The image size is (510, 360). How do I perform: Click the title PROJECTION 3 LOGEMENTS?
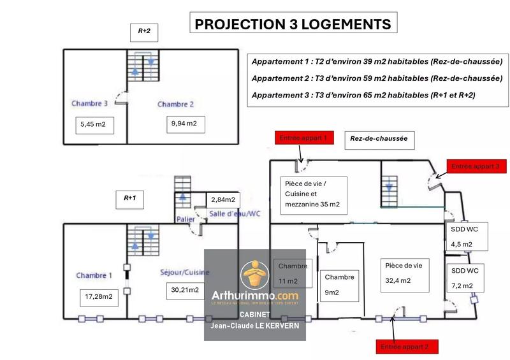tap(293, 24)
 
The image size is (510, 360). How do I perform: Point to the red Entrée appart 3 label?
tap(477, 166)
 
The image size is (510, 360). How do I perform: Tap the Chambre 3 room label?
tap(89, 103)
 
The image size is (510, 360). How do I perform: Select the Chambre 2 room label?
tap(175, 104)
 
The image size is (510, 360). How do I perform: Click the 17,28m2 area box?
tap(98, 296)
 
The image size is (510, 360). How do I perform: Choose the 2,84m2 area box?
tap(224, 199)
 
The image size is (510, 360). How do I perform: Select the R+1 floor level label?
tap(130, 198)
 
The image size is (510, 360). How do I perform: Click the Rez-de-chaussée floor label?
tap(379, 138)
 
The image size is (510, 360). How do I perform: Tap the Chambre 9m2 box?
tap(339, 285)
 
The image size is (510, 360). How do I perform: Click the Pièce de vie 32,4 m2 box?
tap(404, 272)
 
